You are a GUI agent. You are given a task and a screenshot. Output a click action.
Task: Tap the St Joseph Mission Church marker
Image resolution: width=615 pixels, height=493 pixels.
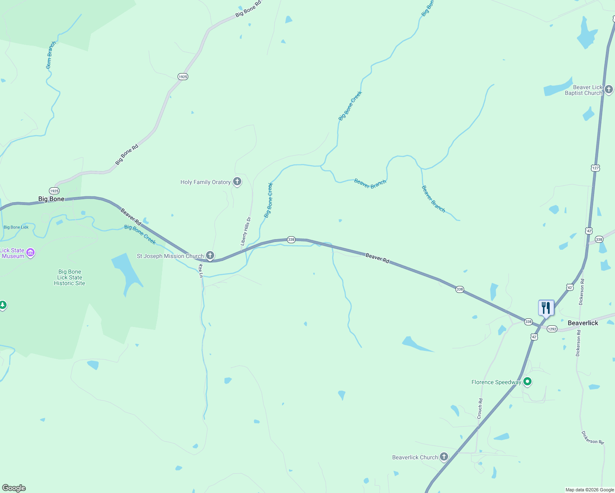(210, 256)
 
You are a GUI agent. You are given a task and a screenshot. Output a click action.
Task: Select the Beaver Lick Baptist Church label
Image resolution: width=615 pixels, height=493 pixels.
(583, 90)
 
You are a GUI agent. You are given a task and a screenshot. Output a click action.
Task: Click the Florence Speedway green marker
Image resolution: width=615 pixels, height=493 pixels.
(528, 382)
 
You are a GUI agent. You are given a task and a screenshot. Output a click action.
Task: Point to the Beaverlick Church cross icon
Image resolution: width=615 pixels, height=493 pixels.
(444, 456)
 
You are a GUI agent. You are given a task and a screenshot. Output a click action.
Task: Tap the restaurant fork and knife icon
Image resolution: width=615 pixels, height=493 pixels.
(546, 307)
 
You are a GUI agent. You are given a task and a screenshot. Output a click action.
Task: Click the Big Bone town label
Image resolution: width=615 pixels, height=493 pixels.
(51, 199)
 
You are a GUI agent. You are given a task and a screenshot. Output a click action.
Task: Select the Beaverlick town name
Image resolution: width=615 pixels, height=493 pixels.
(583, 323)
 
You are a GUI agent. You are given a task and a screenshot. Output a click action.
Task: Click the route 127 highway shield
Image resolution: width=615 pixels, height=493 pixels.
(596, 168)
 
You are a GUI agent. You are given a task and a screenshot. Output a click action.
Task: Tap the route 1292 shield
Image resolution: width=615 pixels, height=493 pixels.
(552, 329)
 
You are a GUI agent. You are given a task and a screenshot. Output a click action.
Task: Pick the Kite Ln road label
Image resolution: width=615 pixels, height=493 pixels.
(201, 271)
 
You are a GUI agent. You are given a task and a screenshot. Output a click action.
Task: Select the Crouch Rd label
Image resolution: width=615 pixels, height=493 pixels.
(480, 409)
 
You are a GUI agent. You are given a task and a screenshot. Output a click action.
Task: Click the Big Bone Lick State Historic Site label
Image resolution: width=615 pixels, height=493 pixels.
(69, 277)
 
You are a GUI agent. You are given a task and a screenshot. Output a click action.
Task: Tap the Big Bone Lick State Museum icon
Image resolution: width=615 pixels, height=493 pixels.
(30, 253)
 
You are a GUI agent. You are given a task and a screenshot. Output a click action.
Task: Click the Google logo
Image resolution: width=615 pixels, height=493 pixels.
(14, 488)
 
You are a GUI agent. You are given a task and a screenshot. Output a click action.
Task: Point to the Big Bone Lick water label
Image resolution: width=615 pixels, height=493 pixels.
(16, 227)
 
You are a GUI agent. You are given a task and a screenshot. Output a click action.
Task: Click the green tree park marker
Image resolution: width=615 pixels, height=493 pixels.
(3, 305)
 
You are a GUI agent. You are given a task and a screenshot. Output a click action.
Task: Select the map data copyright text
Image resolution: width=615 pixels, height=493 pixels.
(590, 490)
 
